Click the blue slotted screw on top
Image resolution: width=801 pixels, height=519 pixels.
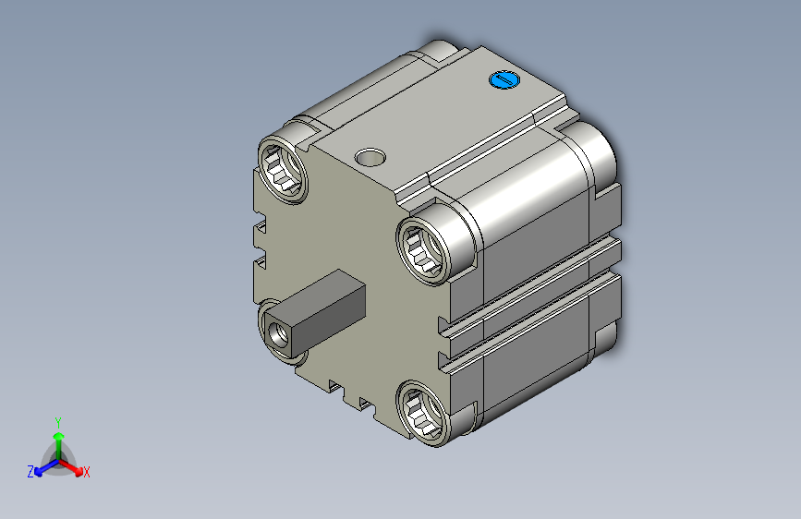[x=504, y=79]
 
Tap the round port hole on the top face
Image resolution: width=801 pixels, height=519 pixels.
[x=370, y=157]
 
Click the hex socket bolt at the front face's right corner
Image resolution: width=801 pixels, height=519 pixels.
[x=423, y=249]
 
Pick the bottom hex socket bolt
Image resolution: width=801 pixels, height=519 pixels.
[x=423, y=413]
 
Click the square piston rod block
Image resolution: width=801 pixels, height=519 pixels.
[x=315, y=314]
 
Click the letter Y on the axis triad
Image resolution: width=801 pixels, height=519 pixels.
[x=58, y=422]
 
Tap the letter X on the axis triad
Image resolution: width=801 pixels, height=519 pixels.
[x=86, y=472]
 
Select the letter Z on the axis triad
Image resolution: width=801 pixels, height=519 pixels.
[x=30, y=472]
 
